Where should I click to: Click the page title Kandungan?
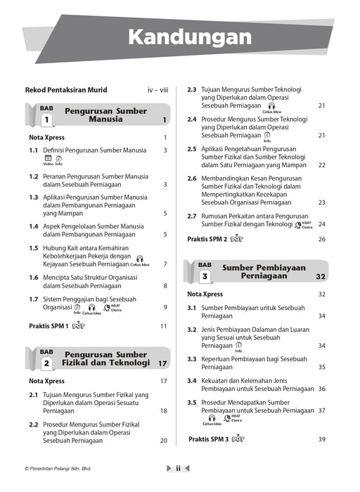180,36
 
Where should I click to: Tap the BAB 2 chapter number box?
46,363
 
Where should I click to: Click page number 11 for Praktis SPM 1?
163,326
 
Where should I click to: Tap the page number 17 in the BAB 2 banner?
162,363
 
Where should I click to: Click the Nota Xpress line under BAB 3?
205,294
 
